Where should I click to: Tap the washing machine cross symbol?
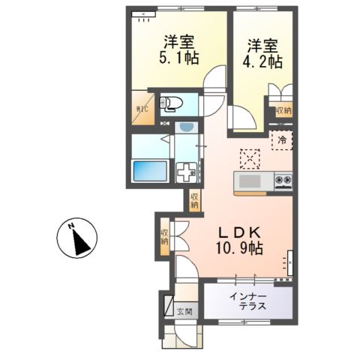[185, 172]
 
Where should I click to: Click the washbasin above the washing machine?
[185, 130]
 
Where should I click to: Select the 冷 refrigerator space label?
[283, 140]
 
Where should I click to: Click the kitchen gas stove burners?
[284, 181]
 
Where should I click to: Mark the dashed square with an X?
[248, 157]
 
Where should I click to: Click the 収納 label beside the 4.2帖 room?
[283, 110]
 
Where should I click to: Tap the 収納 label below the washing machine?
[194, 200]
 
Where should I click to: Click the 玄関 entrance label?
[184, 311]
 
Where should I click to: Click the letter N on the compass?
[69, 227]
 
